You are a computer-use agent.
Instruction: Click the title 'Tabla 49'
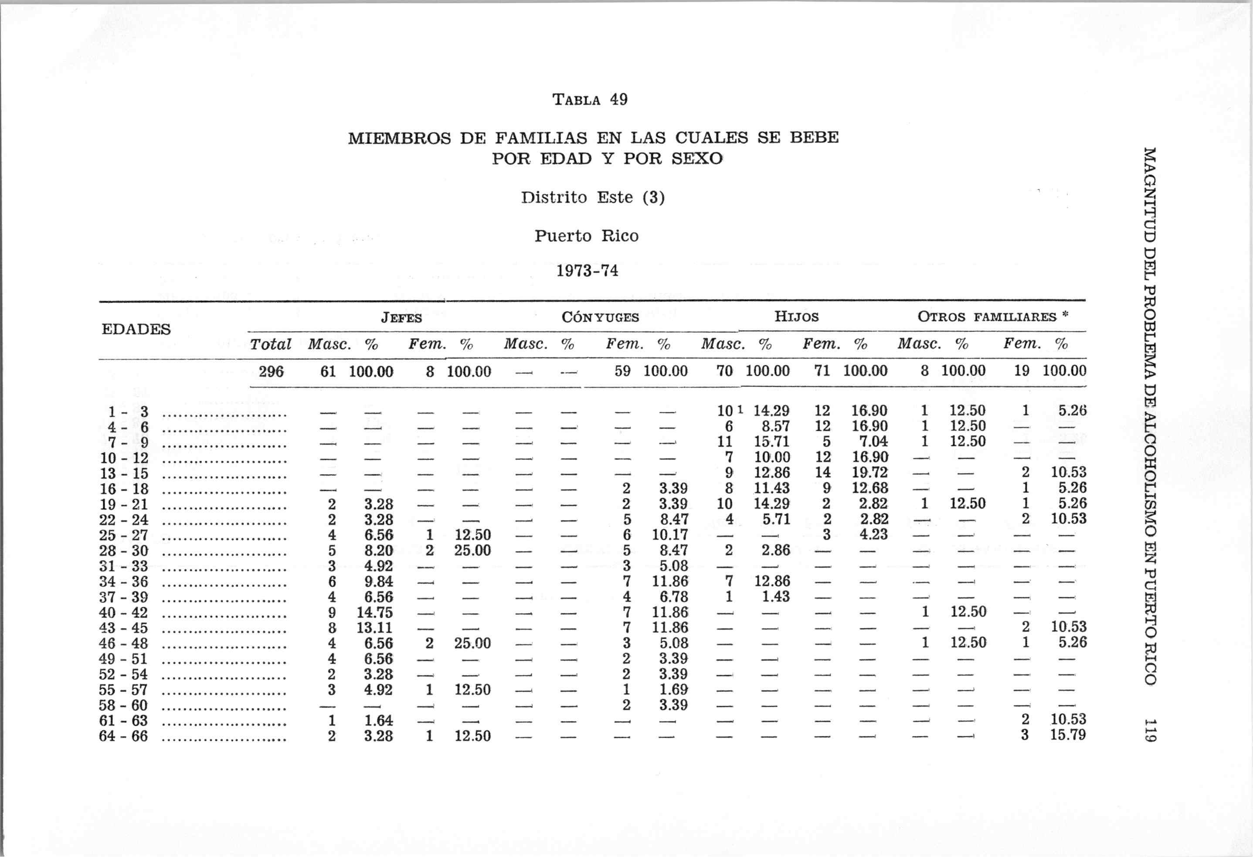click(590, 100)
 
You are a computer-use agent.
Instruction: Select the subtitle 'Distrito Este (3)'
click(593, 197)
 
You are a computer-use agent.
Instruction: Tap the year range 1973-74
click(587, 270)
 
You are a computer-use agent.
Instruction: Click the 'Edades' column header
click(136, 329)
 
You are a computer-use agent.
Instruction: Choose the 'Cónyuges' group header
click(600, 317)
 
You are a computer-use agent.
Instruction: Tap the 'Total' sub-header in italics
click(270, 344)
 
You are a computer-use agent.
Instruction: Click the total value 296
click(271, 371)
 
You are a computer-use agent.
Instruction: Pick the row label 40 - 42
click(123, 613)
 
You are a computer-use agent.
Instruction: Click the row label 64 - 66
click(123, 736)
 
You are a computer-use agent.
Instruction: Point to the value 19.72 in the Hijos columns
click(869, 473)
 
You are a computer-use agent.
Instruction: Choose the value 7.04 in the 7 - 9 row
click(873, 442)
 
